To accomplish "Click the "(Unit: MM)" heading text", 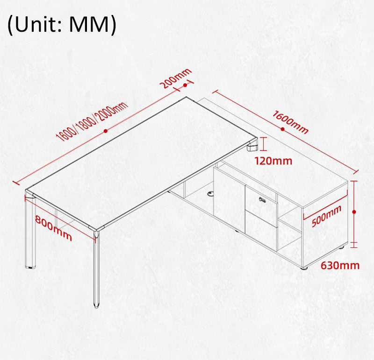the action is [x=62, y=25].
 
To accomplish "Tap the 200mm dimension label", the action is [x=175, y=78].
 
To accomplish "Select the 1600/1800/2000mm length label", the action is [x=92, y=121].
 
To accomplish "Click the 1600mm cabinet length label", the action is [x=290, y=121].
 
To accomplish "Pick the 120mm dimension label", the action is [x=273, y=161].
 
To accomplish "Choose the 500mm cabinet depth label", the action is [x=326, y=216].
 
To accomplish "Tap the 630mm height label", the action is [x=340, y=265].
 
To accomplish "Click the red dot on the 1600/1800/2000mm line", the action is [x=106, y=131].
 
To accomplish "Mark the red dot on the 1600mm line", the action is [x=283, y=129].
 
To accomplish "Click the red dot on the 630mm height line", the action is [x=354, y=212].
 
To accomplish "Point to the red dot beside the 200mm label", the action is [x=185, y=85].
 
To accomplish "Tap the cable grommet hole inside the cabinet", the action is [x=211, y=193].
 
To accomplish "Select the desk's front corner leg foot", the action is [x=96, y=305].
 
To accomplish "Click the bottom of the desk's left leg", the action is [x=30, y=266].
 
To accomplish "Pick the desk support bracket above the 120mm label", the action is [x=252, y=147].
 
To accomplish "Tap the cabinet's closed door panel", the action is [x=229, y=198].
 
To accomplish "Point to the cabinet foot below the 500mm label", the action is [x=305, y=268].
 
